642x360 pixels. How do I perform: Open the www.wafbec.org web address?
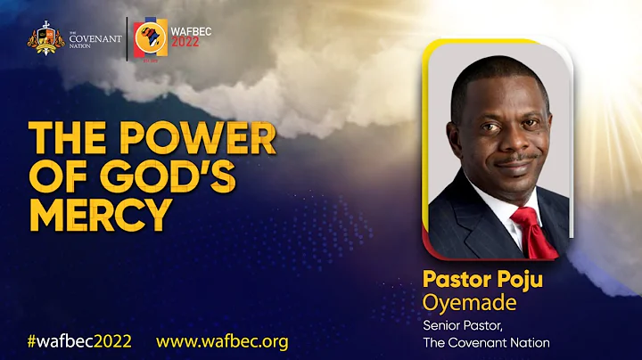point(222,341)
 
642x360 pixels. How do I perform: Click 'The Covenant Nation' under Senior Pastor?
point(486,342)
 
